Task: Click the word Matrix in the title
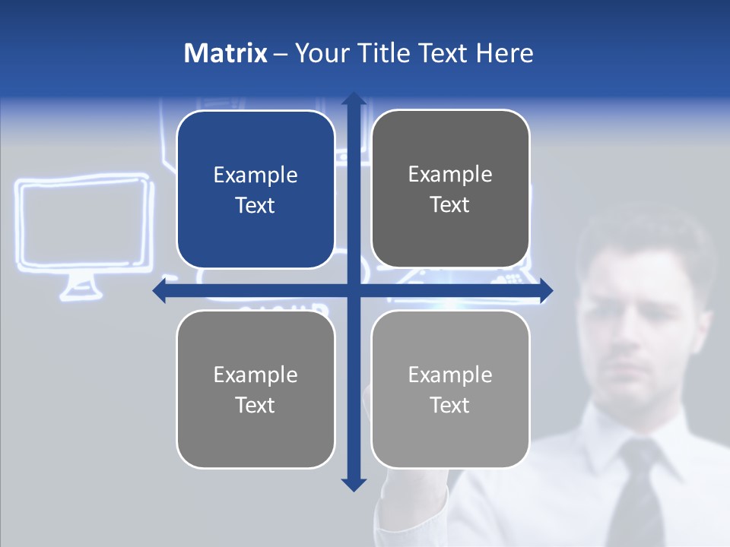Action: point(225,53)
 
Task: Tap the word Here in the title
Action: point(504,53)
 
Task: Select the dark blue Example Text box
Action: point(255,190)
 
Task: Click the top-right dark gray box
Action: point(450,189)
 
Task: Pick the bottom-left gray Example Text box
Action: point(255,389)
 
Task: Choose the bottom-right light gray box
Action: point(450,389)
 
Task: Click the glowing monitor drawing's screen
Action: point(82,223)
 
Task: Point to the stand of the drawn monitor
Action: point(79,287)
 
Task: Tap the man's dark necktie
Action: point(643,494)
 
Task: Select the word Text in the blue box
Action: point(255,206)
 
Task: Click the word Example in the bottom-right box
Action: point(450,375)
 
